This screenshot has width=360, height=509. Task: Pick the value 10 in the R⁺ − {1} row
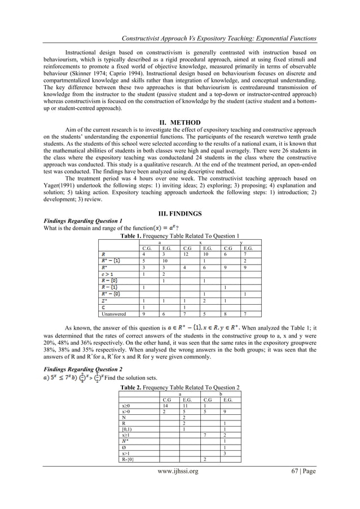point(165,261)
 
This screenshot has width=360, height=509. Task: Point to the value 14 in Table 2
point(165,406)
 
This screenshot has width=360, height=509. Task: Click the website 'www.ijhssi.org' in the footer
point(179,486)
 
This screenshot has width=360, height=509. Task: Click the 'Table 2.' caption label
point(134,387)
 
